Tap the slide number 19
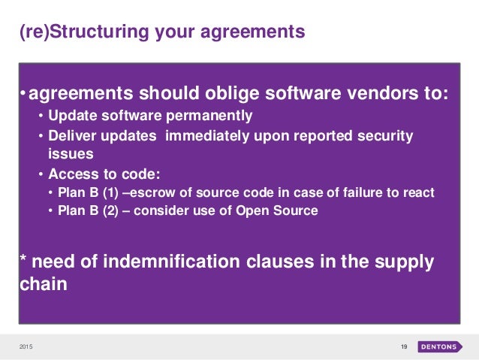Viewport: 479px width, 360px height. pos(403,346)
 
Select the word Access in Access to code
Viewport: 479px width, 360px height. pos(70,174)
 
